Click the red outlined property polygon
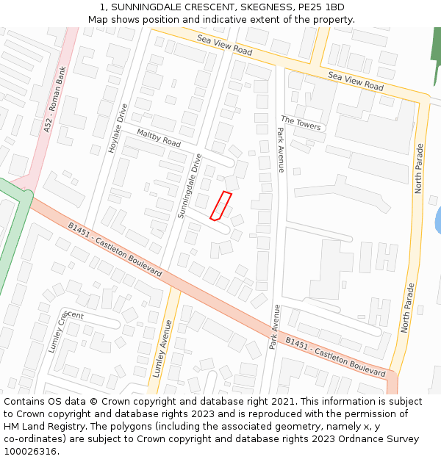click(x=220, y=206)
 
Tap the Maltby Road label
click(x=159, y=137)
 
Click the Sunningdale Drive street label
click(x=190, y=186)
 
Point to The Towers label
click(x=301, y=123)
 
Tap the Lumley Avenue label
click(x=162, y=348)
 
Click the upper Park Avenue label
click(x=281, y=149)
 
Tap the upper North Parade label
click(x=419, y=168)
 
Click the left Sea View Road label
click(x=224, y=46)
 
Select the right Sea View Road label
click(x=356, y=81)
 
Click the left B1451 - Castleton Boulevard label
click(x=115, y=249)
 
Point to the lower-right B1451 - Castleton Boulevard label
click(x=335, y=358)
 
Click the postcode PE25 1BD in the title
click(x=320, y=7)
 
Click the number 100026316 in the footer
click(x=30, y=451)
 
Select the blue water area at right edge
click(x=437, y=220)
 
